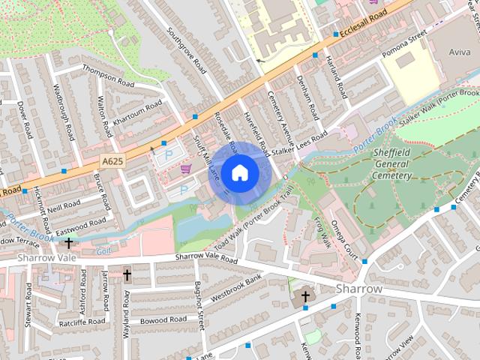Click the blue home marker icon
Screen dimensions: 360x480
(x=239, y=172)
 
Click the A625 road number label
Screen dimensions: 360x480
(x=113, y=160)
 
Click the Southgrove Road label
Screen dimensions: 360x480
(x=187, y=50)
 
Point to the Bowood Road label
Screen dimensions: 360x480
(x=163, y=319)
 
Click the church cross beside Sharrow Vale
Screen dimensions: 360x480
(x=69, y=243)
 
